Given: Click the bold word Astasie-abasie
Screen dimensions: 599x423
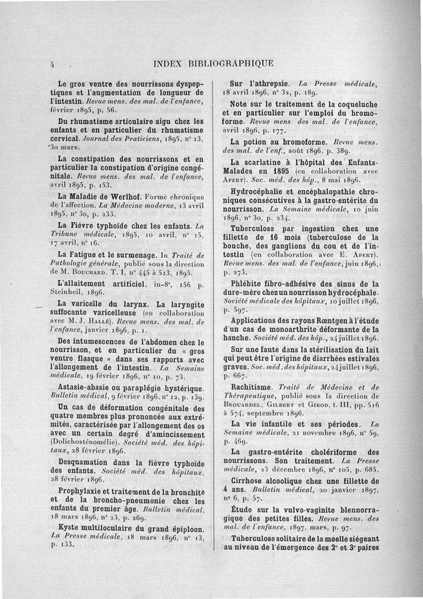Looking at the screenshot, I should point(80,386).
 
